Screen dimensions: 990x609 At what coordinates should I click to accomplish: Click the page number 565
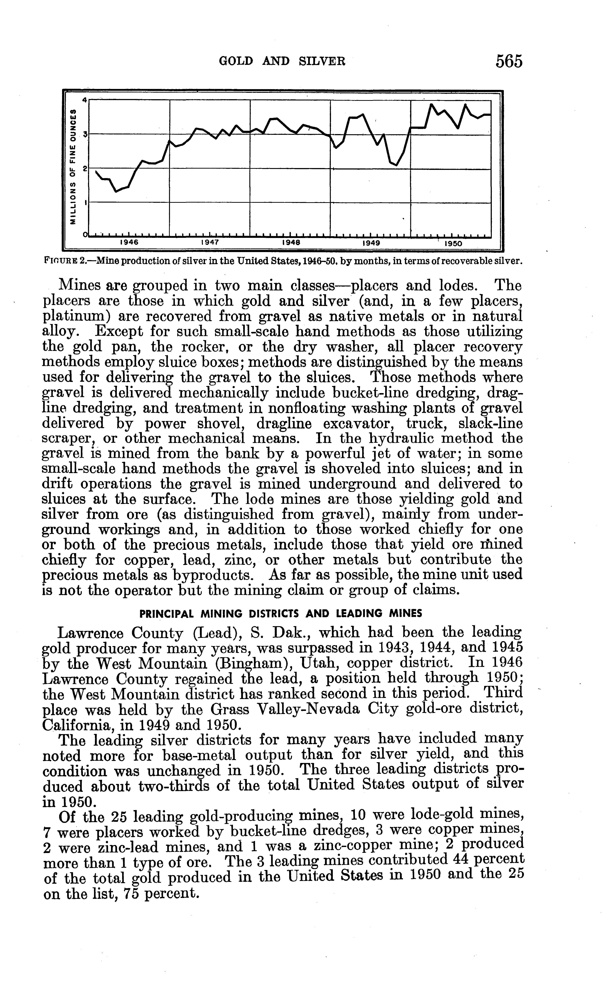509,61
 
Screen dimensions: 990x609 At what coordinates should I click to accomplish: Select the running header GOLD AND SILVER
282,61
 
